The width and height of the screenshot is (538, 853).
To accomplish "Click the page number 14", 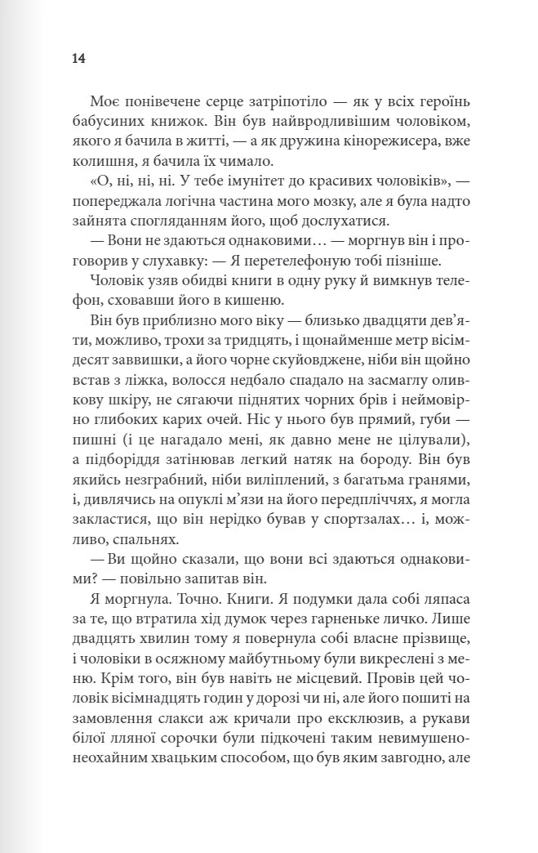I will (78, 59).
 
